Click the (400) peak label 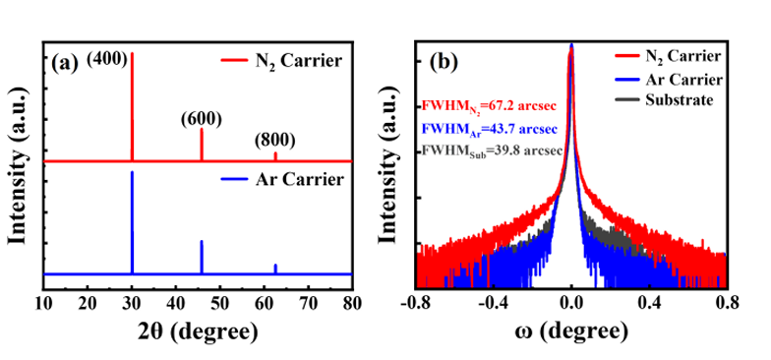pyautogui.click(x=107, y=61)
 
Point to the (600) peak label pyautogui.click(x=201, y=119)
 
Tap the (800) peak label pyautogui.click(x=275, y=142)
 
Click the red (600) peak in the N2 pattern pyautogui.click(x=201, y=144)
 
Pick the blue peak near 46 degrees pyautogui.click(x=201, y=257)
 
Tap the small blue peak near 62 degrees pyautogui.click(x=275, y=269)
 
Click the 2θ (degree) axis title pyautogui.click(x=197, y=332)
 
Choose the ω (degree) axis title pyautogui.click(x=571, y=332)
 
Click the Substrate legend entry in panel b pyautogui.click(x=664, y=100)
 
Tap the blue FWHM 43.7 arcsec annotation pyautogui.click(x=490, y=130)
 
